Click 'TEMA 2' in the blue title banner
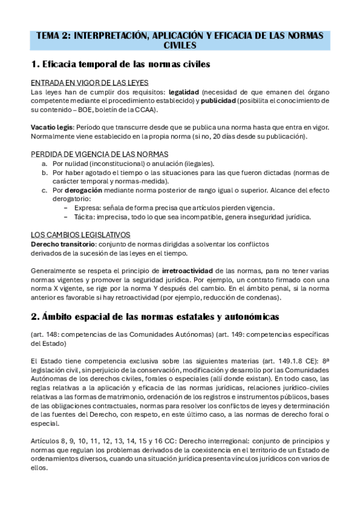tap(53, 35)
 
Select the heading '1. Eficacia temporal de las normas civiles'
tap(120, 63)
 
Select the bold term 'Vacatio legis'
tap(52, 127)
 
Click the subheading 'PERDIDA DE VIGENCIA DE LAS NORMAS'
tap(100, 155)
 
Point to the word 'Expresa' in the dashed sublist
tap(78, 207)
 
